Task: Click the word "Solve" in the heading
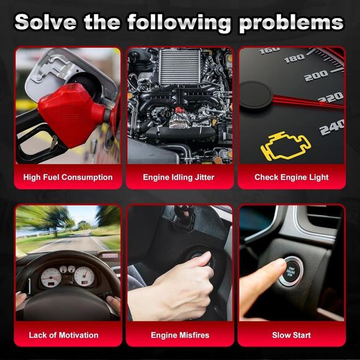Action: [45, 22]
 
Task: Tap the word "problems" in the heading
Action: [291, 24]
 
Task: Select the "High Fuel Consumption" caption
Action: [68, 178]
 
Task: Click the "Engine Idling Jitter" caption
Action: [178, 178]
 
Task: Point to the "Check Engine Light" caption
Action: [291, 178]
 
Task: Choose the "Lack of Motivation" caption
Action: [63, 335]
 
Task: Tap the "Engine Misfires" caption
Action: [180, 335]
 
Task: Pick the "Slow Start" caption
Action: [291, 335]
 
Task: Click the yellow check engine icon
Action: [286, 146]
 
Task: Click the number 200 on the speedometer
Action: [316, 76]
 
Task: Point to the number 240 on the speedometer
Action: [332, 127]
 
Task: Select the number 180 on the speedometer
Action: [295, 58]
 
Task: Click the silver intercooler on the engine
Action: [180, 67]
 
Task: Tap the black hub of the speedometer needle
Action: [256, 94]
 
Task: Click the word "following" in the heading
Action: [179, 24]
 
